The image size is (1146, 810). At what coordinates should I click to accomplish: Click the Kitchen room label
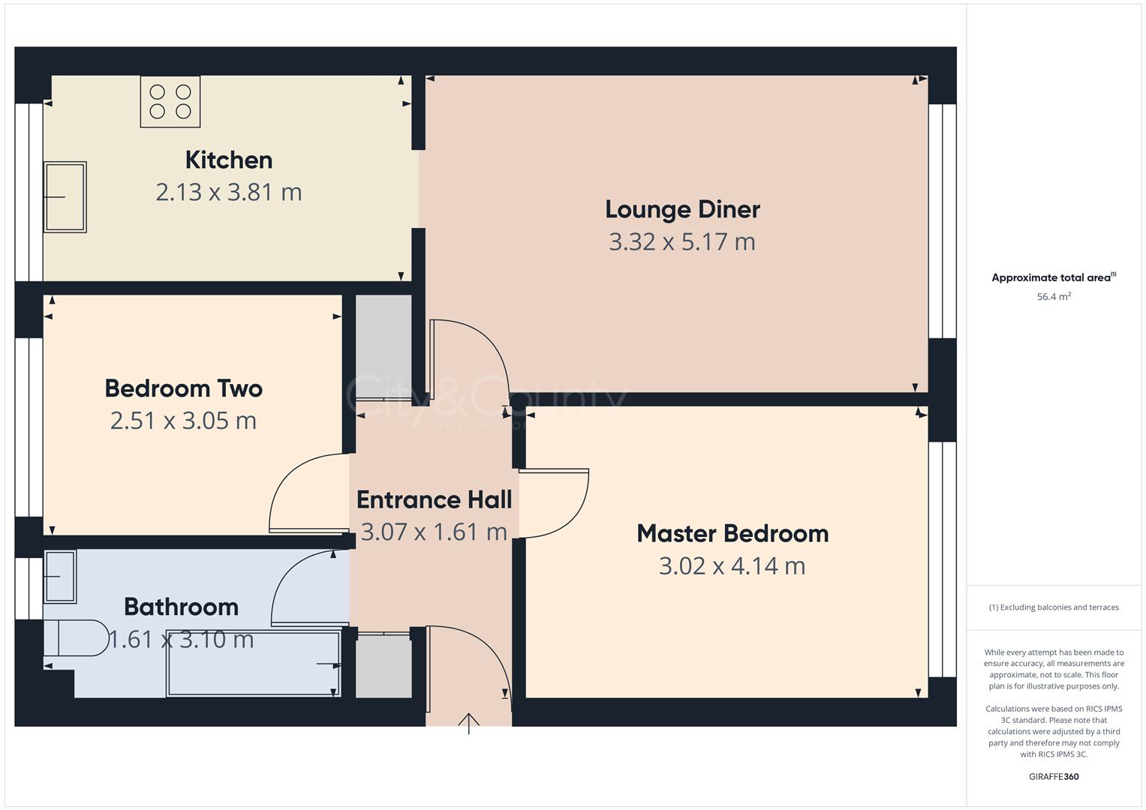point(228,160)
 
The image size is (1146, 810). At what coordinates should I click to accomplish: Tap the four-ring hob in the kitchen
point(170,102)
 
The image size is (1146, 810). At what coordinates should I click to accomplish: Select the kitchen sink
point(65,196)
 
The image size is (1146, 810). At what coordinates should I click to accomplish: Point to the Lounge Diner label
point(682,209)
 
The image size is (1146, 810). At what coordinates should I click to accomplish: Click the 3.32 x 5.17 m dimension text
point(681,241)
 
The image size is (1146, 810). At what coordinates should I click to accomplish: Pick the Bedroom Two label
point(183,388)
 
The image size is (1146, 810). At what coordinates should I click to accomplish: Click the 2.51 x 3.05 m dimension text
point(183,421)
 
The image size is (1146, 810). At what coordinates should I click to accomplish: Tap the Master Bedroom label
point(732,533)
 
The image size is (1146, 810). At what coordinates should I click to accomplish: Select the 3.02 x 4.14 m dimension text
point(732,565)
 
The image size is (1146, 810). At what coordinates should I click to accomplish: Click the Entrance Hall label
point(434,499)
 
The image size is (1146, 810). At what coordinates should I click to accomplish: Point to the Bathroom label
point(181,607)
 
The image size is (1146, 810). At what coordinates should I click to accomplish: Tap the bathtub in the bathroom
point(254,664)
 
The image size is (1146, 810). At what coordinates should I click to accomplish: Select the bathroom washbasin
point(60,576)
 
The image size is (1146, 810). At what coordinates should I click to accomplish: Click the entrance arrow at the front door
point(469,723)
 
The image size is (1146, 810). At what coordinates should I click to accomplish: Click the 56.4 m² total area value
point(1054,297)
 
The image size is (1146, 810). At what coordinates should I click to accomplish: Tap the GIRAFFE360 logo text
point(1054,776)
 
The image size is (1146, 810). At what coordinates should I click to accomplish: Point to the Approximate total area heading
point(1053,277)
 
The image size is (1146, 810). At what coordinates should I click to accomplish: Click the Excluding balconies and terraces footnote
point(1054,607)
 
